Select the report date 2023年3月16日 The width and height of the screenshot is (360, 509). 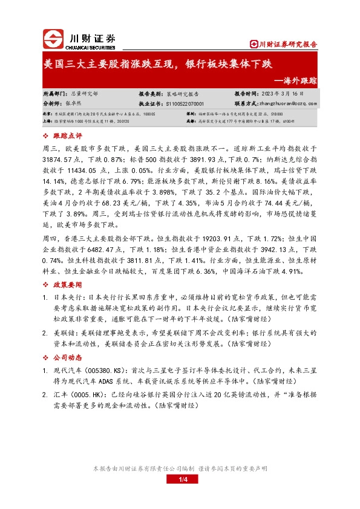click(278, 94)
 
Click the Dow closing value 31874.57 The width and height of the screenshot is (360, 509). click(59, 160)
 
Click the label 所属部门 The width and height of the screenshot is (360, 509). click(56, 94)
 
